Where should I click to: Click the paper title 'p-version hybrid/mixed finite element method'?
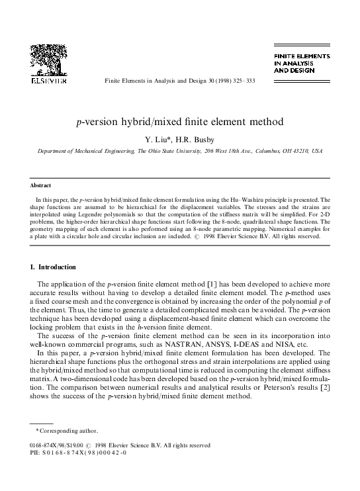(180, 122)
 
